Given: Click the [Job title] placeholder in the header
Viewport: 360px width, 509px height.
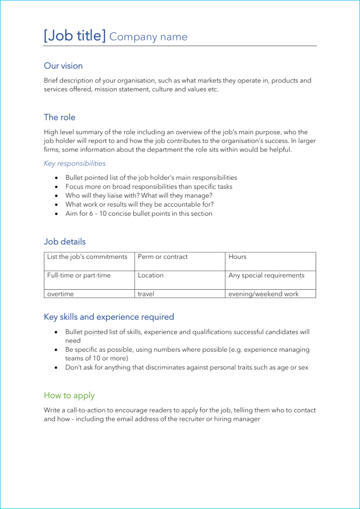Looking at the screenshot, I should coord(74,35).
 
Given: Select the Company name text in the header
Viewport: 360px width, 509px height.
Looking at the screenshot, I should coord(148,37).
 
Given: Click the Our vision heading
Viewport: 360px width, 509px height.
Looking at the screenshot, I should coord(63,66).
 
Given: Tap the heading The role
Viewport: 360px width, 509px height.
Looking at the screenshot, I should coord(59,117).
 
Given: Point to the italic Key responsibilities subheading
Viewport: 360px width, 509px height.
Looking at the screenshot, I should coord(74,163).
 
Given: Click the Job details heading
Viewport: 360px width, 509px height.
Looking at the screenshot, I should coord(64,242).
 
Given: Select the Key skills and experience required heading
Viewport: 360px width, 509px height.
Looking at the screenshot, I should coord(109,317).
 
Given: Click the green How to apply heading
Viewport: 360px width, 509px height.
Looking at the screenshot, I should coord(69,396).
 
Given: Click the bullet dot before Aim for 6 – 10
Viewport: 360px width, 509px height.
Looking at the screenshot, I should coord(56,214).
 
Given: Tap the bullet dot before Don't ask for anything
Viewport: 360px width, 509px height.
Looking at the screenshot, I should coord(56,368).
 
